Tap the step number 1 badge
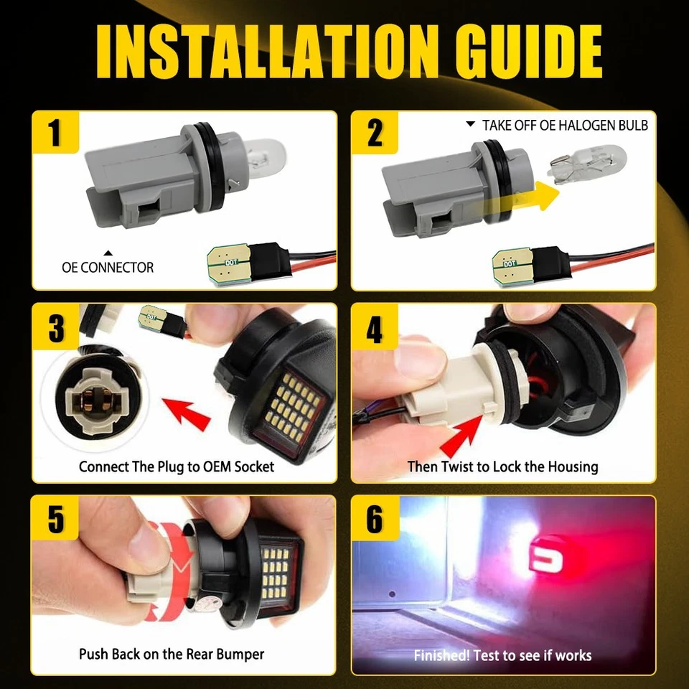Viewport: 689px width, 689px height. [55, 134]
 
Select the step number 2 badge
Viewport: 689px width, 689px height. [375, 134]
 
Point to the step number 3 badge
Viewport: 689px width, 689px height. [56, 328]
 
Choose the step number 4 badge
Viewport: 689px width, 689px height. [375, 328]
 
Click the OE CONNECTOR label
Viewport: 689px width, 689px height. [108, 268]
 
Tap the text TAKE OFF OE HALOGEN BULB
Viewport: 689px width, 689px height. [564, 126]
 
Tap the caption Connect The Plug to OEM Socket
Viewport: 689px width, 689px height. [177, 467]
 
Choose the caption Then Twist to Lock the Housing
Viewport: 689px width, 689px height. [502, 467]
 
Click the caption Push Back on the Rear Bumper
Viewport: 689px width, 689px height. [172, 654]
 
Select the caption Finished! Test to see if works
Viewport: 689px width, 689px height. [502, 655]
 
